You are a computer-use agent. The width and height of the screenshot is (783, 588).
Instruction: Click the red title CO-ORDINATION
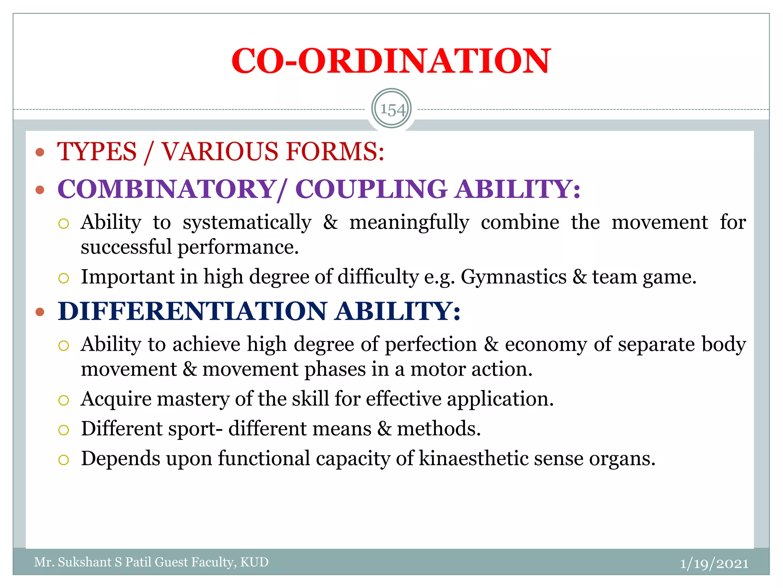[x=391, y=61]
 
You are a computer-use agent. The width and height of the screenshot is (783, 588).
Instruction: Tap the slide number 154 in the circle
[x=392, y=110]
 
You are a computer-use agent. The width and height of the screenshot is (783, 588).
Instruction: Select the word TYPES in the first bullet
[x=97, y=152]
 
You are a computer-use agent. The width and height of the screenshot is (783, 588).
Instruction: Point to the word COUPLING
[x=371, y=189]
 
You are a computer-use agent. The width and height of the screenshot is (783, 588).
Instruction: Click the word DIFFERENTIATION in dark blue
[x=193, y=311]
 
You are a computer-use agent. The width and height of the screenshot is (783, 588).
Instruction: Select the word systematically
[x=247, y=223]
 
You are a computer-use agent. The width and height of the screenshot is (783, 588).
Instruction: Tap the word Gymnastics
[x=513, y=277]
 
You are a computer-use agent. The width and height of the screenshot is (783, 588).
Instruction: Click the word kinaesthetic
[x=474, y=459]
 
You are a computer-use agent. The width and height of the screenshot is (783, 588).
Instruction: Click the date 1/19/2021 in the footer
[x=714, y=563]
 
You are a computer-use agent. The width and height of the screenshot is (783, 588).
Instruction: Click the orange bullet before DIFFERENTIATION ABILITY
[x=40, y=312]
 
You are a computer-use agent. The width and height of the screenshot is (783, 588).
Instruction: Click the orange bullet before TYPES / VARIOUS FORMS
[x=40, y=152]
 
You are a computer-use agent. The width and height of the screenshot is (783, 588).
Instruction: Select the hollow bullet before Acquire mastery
[x=63, y=400]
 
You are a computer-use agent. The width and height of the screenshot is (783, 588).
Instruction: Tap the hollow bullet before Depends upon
[x=63, y=460]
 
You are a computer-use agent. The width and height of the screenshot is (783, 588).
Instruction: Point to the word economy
[x=546, y=345]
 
